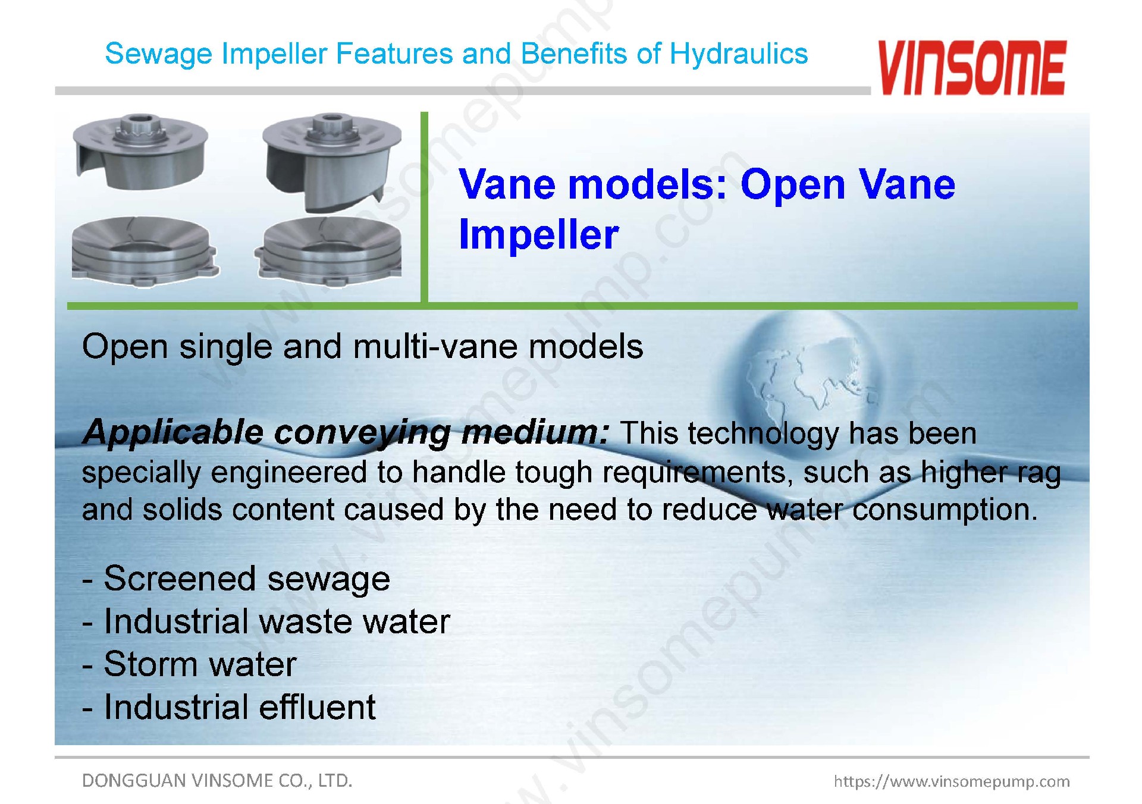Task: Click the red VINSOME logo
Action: pyautogui.click(x=971, y=67)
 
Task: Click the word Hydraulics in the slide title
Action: pyautogui.click(x=739, y=54)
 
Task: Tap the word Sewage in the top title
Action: pyautogui.click(x=158, y=55)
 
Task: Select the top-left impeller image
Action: pyautogui.click(x=140, y=152)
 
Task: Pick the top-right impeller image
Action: pyautogui.click(x=332, y=162)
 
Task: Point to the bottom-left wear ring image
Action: pyautogui.click(x=145, y=252)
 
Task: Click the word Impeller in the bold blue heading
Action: pyautogui.click(x=539, y=234)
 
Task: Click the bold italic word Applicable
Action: pyautogui.click(x=173, y=432)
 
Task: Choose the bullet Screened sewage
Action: pyautogui.click(x=236, y=579)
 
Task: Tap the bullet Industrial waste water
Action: pyautogui.click(x=266, y=622)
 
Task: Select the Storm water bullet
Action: pyautogui.click(x=189, y=664)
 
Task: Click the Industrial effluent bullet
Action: pyautogui.click(x=229, y=707)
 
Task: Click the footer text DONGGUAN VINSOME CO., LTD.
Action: pyautogui.click(x=217, y=780)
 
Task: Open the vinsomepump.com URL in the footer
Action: pyautogui.click(x=952, y=781)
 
